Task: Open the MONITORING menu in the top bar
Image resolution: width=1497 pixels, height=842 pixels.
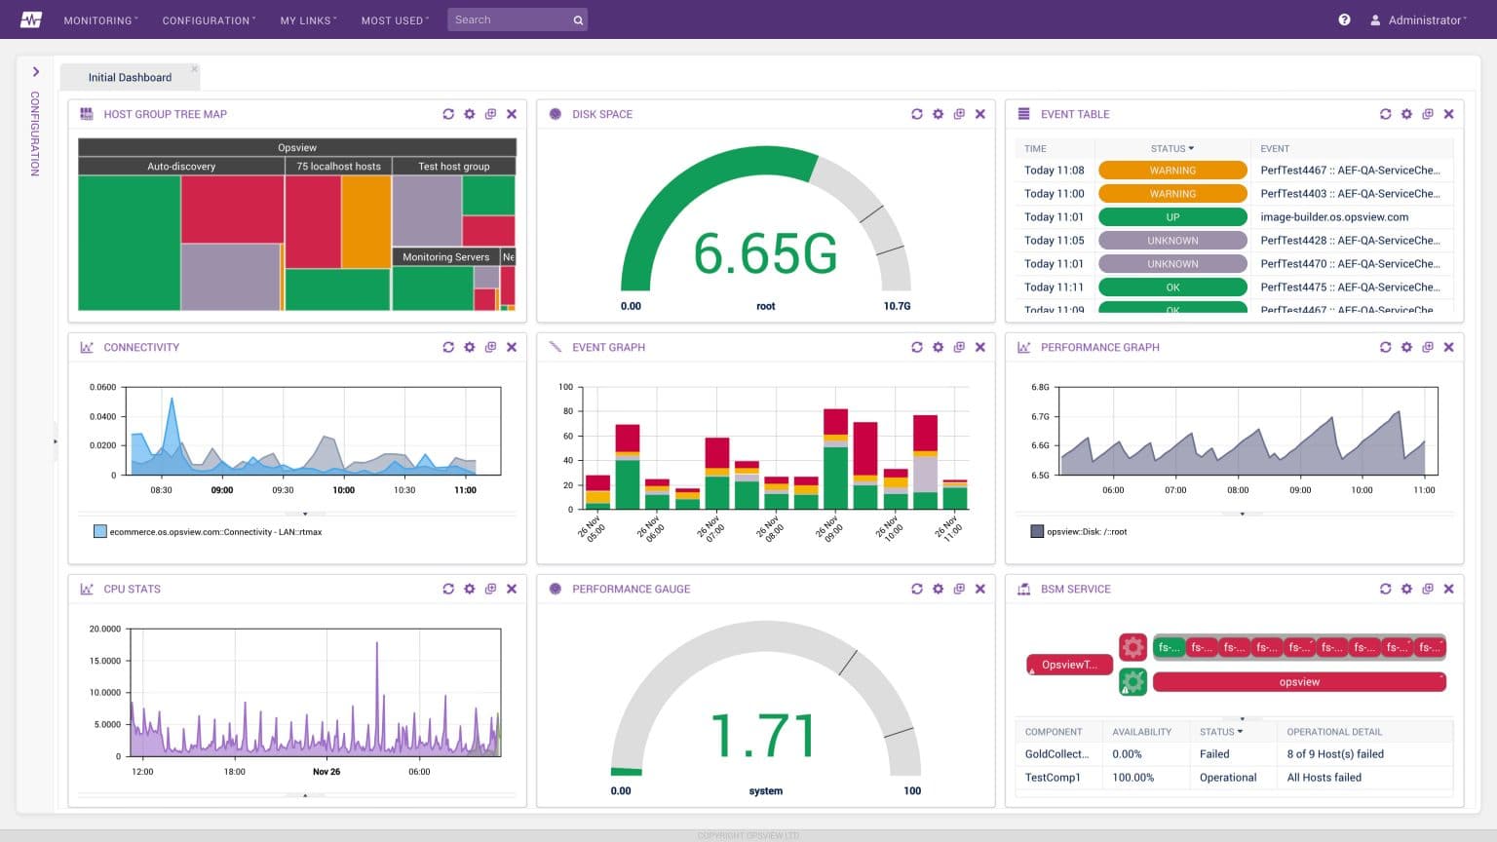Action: click(x=99, y=20)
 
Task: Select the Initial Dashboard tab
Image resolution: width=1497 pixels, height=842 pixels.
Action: click(x=130, y=78)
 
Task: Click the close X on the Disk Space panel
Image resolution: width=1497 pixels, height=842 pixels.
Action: click(x=980, y=114)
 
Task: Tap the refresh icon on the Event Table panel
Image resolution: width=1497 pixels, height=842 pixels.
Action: click(x=1385, y=114)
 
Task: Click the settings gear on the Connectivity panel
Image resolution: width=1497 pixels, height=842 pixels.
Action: click(x=470, y=347)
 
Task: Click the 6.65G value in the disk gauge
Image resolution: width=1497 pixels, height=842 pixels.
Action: click(x=765, y=254)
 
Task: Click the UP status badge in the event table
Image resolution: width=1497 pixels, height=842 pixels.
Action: click(x=1172, y=217)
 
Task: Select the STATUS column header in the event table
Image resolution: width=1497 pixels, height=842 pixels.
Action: click(x=1171, y=149)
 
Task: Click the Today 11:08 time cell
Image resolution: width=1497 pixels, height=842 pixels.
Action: click(x=1054, y=171)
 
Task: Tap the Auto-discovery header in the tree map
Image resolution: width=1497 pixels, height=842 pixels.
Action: click(x=181, y=167)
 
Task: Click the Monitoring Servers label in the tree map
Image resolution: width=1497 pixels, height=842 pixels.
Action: click(x=445, y=257)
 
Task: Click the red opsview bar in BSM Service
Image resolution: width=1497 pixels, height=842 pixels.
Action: click(x=1298, y=682)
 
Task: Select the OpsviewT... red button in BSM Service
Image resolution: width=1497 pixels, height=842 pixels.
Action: click(x=1069, y=665)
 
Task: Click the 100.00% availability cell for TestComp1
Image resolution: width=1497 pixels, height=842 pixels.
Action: click(x=1132, y=778)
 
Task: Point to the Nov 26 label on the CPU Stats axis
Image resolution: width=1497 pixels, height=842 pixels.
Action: click(x=326, y=772)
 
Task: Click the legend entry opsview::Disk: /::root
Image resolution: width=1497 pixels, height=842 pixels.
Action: click(x=1086, y=532)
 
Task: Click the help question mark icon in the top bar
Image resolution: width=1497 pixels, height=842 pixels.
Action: click(x=1344, y=19)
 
